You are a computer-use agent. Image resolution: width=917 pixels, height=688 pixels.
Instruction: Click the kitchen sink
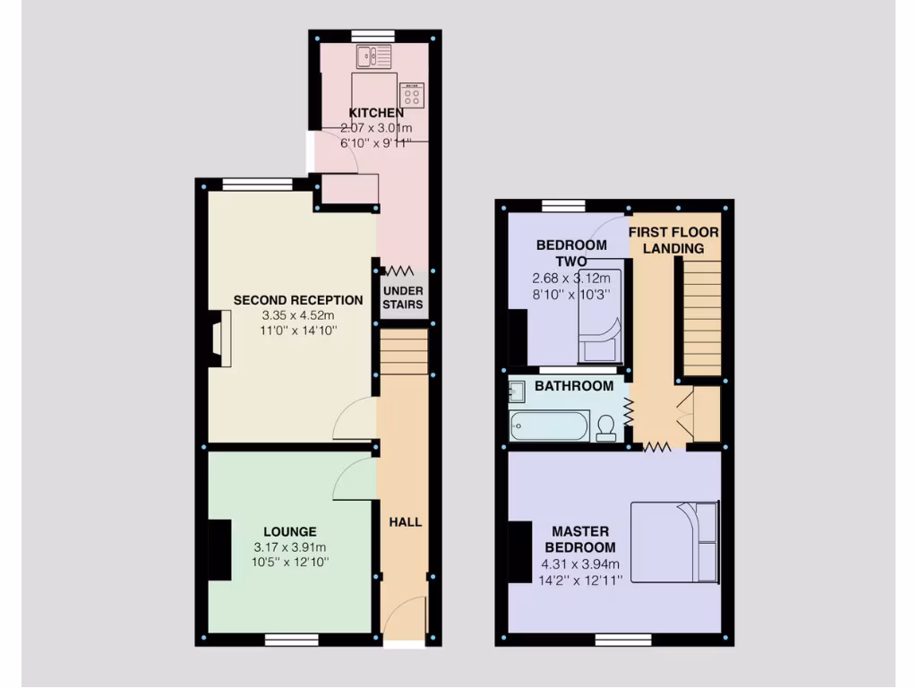point(374,57)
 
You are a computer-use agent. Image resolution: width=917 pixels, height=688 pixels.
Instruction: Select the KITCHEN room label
point(375,113)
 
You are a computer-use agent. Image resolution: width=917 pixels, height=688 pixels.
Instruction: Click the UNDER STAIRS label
point(403,297)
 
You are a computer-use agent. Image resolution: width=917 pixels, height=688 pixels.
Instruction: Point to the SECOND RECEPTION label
point(298,300)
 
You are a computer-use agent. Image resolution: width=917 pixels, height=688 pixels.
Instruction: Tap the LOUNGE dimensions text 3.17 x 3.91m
point(290,547)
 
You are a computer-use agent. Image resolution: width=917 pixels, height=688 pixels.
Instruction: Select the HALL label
point(405,521)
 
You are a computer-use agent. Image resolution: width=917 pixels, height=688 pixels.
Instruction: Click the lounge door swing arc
point(352,477)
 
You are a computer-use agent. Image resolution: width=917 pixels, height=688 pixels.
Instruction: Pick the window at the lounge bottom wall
point(292,639)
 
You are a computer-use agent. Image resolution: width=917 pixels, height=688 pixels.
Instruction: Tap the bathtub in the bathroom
point(549,426)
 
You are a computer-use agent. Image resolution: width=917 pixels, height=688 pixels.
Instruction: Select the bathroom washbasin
point(517,392)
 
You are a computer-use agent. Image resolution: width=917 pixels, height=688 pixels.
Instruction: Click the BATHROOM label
point(574,386)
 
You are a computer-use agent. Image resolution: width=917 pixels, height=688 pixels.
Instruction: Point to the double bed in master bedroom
point(675,542)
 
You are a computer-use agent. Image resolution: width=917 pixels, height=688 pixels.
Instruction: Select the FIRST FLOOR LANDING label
point(673,239)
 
